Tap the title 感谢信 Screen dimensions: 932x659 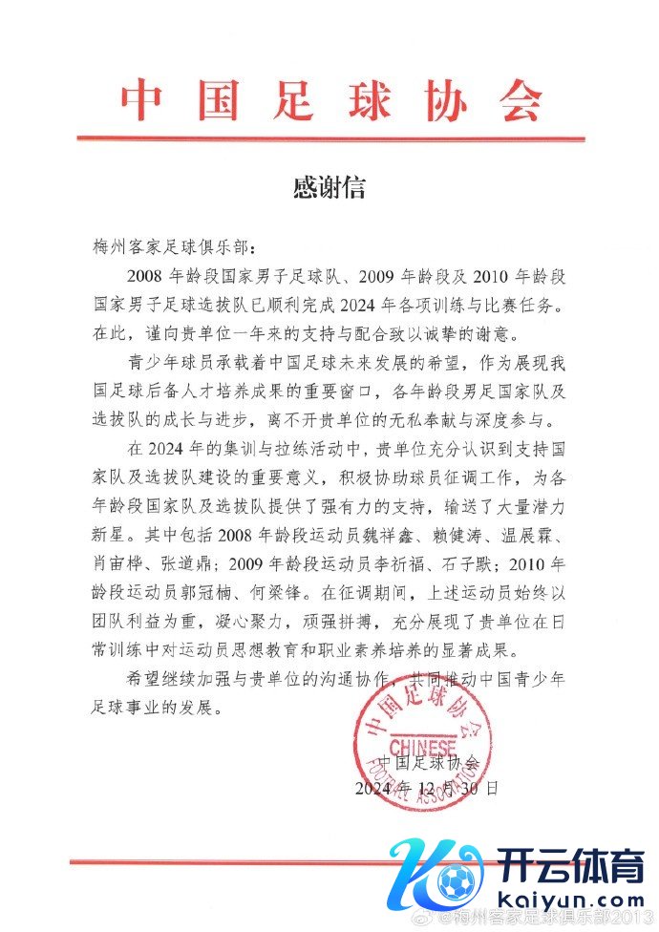click(x=329, y=186)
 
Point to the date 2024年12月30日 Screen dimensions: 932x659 click(x=426, y=789)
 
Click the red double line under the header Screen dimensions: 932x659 click(x=329, y=139)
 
